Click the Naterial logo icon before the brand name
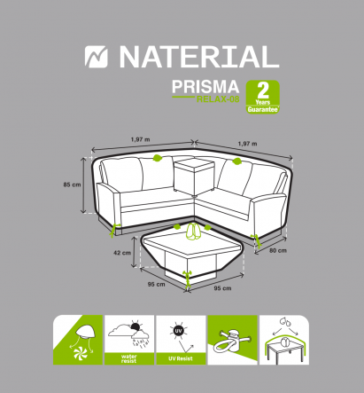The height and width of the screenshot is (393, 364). [95, 58]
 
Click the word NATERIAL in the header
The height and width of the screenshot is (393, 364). [198, 58]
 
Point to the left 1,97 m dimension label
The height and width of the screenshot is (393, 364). [140, 139]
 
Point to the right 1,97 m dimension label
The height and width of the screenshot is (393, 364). [247, 143]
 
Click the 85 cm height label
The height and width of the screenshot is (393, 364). [72, 185]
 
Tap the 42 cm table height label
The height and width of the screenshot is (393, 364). [121, 252]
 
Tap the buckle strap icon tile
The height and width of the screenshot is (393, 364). [231, 341]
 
